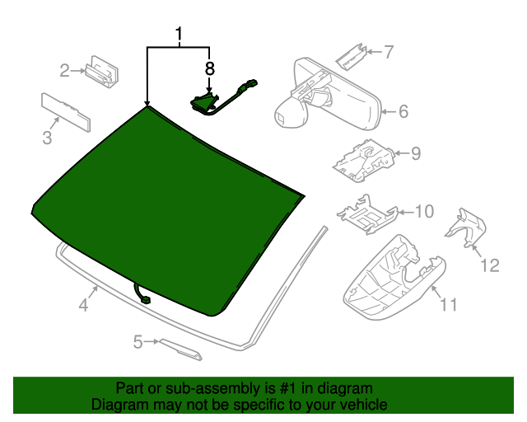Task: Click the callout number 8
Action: coord(209,68)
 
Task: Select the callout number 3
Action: coord(47,137)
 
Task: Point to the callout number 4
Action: coord(83,306)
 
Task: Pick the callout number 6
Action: coord(403,111)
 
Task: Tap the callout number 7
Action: coord(389,52)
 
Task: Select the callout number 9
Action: coord(416,152)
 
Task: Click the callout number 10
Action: coord(422,212)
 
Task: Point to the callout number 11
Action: coord(448,306)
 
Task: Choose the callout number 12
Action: coord(490,265)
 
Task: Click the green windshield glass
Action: coord(165,206)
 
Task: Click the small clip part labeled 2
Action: coord(101,71)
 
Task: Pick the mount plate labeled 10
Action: coord(366,214)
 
